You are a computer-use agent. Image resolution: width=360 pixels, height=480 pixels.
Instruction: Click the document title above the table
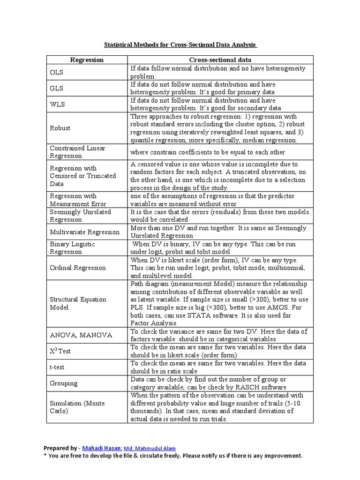(x=180, y=45)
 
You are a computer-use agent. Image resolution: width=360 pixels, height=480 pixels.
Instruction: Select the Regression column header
(x=87, y=60)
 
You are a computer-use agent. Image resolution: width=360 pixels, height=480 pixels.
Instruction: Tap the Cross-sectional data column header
(x=220, y=60)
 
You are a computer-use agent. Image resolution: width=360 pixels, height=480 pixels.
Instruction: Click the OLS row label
(x=56, y=72)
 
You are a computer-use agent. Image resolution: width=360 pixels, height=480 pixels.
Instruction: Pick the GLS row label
(x=56, y=88)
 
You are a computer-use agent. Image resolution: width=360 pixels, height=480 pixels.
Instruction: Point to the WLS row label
(x=57, y=104)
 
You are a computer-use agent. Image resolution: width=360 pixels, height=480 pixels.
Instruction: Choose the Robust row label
(x=60, y=128)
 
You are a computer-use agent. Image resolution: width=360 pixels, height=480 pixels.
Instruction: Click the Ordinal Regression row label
(x=78, y=268)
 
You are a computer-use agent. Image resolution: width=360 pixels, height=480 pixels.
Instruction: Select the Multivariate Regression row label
(x=85, y=232)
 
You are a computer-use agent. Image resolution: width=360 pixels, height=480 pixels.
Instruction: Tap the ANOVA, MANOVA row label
(x=81, y=335)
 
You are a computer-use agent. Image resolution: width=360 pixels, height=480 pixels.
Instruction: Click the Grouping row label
(x=64, y=383)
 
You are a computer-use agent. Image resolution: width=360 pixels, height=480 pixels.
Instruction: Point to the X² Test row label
(x=60, y=351)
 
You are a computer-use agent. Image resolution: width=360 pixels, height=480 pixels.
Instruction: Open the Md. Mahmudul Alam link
(x=150, y=448)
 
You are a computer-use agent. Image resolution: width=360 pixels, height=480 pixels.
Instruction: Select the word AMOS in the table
(x=276, y=307)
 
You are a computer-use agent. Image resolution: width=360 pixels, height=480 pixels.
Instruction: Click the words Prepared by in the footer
(x=60, y=448)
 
